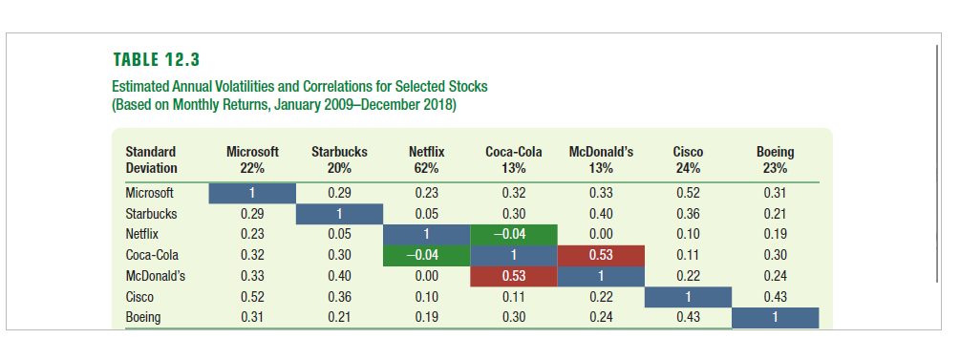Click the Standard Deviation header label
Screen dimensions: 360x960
point(151,159)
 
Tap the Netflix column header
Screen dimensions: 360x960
point(426,152)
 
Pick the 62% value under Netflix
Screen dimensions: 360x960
point(426,168)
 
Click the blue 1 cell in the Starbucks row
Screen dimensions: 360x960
point(339,213)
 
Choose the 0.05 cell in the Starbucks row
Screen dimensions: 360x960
point(426,213)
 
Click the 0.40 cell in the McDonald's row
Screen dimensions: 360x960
point(339,276)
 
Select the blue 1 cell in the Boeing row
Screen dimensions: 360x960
point(775,318)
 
